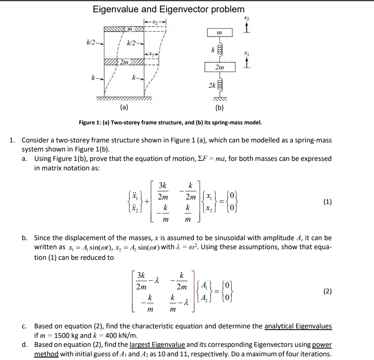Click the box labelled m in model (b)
(x=219, y=32)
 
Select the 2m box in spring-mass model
(x=219, y=66)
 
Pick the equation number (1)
(x=327, y=202)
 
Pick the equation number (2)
(x=327, y=291)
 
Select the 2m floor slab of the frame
(x=123, y=62)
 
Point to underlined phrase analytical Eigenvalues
(x=298, y=326)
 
